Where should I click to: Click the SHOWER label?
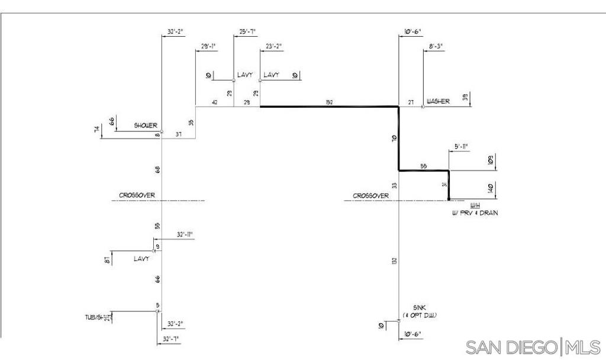click(146, 126)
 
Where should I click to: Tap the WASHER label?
click(438, 101)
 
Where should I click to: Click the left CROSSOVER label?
click(137, 195)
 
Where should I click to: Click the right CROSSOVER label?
click(371, 195)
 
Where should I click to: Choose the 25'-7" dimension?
click(248, 31)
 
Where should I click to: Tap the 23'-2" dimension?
click(274, 46)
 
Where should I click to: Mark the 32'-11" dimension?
click(185, 235)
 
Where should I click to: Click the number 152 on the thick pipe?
click(330, 102)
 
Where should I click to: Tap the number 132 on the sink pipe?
click(394, 261)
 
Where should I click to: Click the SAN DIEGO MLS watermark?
click(533, 347)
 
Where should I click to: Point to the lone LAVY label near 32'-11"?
click(141, 259)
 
